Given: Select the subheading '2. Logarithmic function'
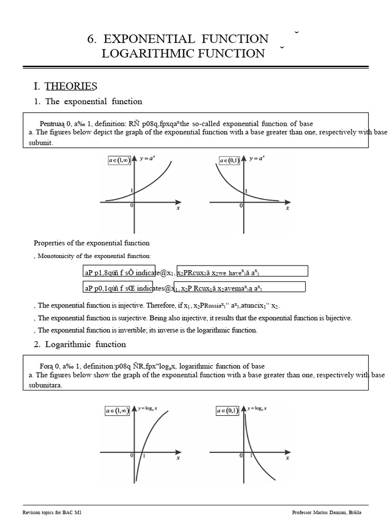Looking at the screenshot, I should pos(80,344).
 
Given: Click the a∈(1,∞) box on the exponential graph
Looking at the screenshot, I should pos(119,160).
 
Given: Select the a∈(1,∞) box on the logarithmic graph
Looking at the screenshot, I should pos(117,411).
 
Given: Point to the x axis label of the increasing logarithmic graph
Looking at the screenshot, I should pos(178,458).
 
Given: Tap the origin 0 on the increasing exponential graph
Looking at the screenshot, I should pos(131,205).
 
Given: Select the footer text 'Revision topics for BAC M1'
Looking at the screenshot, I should pos(52,512).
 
